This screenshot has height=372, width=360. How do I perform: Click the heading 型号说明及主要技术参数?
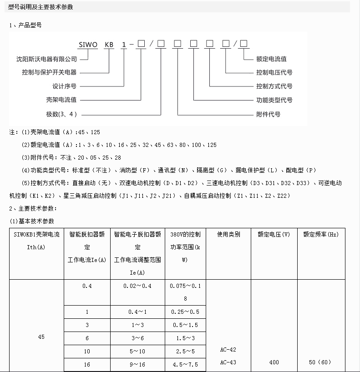(41, 7)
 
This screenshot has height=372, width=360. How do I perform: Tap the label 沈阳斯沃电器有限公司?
(46, 59)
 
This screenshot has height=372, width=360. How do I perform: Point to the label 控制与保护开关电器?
(49, 73)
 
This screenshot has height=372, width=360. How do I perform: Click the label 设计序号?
(65, 86)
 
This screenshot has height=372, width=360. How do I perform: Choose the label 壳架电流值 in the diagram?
(61, 100)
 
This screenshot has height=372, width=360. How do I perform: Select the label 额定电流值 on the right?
(271, 59)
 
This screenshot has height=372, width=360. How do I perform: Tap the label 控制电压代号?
(274, 73)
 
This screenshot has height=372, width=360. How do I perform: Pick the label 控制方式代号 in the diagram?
(274, 86)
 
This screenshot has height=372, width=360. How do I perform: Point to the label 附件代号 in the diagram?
(269, 114)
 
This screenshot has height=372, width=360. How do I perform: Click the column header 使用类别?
(228, 235)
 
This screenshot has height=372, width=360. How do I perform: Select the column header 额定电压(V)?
(274, 235)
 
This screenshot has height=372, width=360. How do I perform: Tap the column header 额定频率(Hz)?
(321, 235)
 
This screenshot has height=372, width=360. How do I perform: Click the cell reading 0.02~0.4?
(137, 286)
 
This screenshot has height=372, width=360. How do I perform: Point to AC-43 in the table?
(228, 362)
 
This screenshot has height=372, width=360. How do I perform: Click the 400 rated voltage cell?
(274, 362)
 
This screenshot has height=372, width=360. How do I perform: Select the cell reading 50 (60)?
(320, 362)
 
